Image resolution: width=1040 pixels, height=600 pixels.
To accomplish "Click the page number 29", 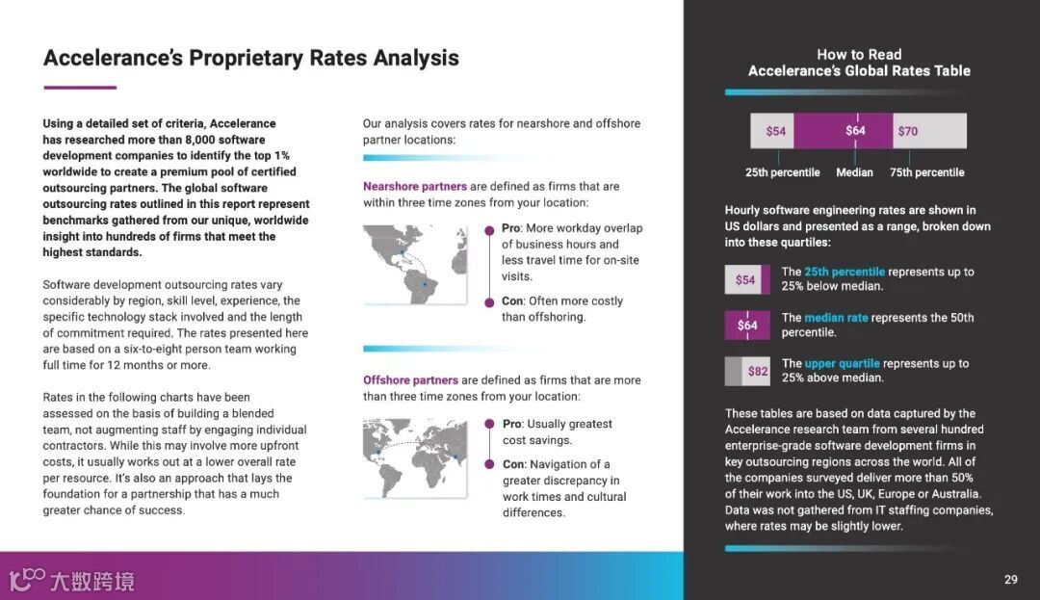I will click(1010, 579).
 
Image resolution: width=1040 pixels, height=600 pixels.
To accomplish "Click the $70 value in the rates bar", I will click(907, 131).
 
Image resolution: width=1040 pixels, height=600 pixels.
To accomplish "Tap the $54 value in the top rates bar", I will click(776, 131).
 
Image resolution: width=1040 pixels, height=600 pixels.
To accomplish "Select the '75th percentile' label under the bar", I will click(926, 172).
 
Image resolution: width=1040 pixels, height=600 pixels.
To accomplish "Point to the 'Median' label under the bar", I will click(854, 172).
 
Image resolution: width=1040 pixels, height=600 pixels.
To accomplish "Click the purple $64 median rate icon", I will click(747, 326).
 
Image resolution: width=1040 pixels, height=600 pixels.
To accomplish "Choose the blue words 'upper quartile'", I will click(842, 363).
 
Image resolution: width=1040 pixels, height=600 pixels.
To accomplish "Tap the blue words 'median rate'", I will click(836, 317).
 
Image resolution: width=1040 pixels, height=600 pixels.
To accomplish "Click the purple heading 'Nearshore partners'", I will click(414, 186).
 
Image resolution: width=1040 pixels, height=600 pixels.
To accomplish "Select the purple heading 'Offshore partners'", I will click(410, 379).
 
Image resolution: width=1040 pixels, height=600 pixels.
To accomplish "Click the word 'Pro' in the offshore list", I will click(511, 424).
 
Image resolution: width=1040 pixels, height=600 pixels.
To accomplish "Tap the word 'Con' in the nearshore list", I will click(511, 300).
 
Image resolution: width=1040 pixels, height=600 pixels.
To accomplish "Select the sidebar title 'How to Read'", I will click(859, 55).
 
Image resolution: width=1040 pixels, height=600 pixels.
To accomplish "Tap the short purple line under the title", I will click(80, 88).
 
